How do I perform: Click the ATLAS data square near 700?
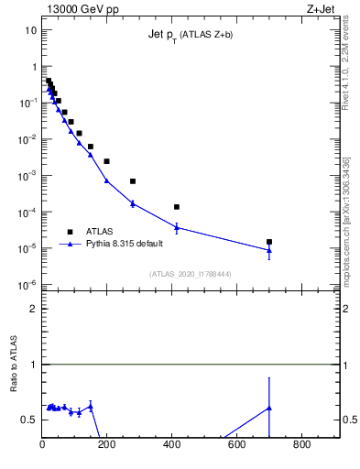tap(269, 242)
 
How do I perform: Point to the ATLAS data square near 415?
tap(177, 207)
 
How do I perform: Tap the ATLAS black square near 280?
tap(133, 181)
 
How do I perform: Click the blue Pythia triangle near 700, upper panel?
tap(269, 250)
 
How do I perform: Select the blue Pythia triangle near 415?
tap(177, 227)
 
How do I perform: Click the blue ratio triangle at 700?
tap(269, 408)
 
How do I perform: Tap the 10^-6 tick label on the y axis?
tap(29, 285)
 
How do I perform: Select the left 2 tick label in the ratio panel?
tap(33, 309)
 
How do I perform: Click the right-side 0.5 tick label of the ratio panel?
tap(350, 420)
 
